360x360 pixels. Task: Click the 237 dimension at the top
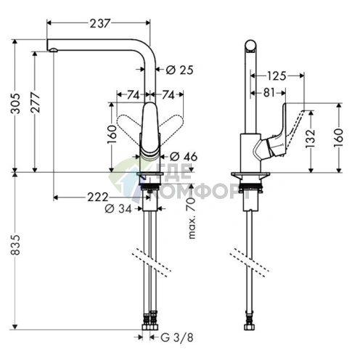pos(100,23)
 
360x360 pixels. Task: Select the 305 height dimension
pos(16,103)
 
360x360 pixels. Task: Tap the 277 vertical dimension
pos(36,102)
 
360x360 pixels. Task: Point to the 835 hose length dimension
pos(16,245)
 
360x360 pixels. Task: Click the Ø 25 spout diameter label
pos(180,70)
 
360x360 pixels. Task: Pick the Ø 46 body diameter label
pos(184,157)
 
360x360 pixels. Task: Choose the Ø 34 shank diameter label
pos(118,208)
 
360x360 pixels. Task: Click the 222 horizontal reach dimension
pos(98,197)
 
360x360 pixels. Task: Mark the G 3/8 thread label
pos(177,337)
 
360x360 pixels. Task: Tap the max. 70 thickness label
pos(192,218)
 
